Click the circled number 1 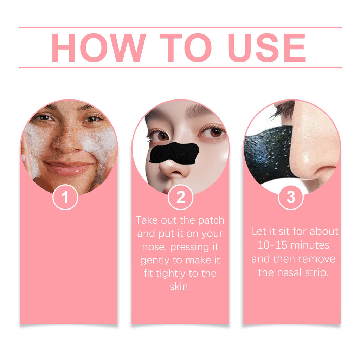[x=65, y=198]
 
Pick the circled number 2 [x=180, y=198]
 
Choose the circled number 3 [x=291, y=198]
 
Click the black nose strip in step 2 [x=174, y=153]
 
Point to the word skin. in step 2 [x=180, y=287]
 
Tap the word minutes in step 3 [x=308, y=245]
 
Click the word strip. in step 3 [x=315, y=272]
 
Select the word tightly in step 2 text [x=174, y=274]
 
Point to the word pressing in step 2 [x=190, y=247]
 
